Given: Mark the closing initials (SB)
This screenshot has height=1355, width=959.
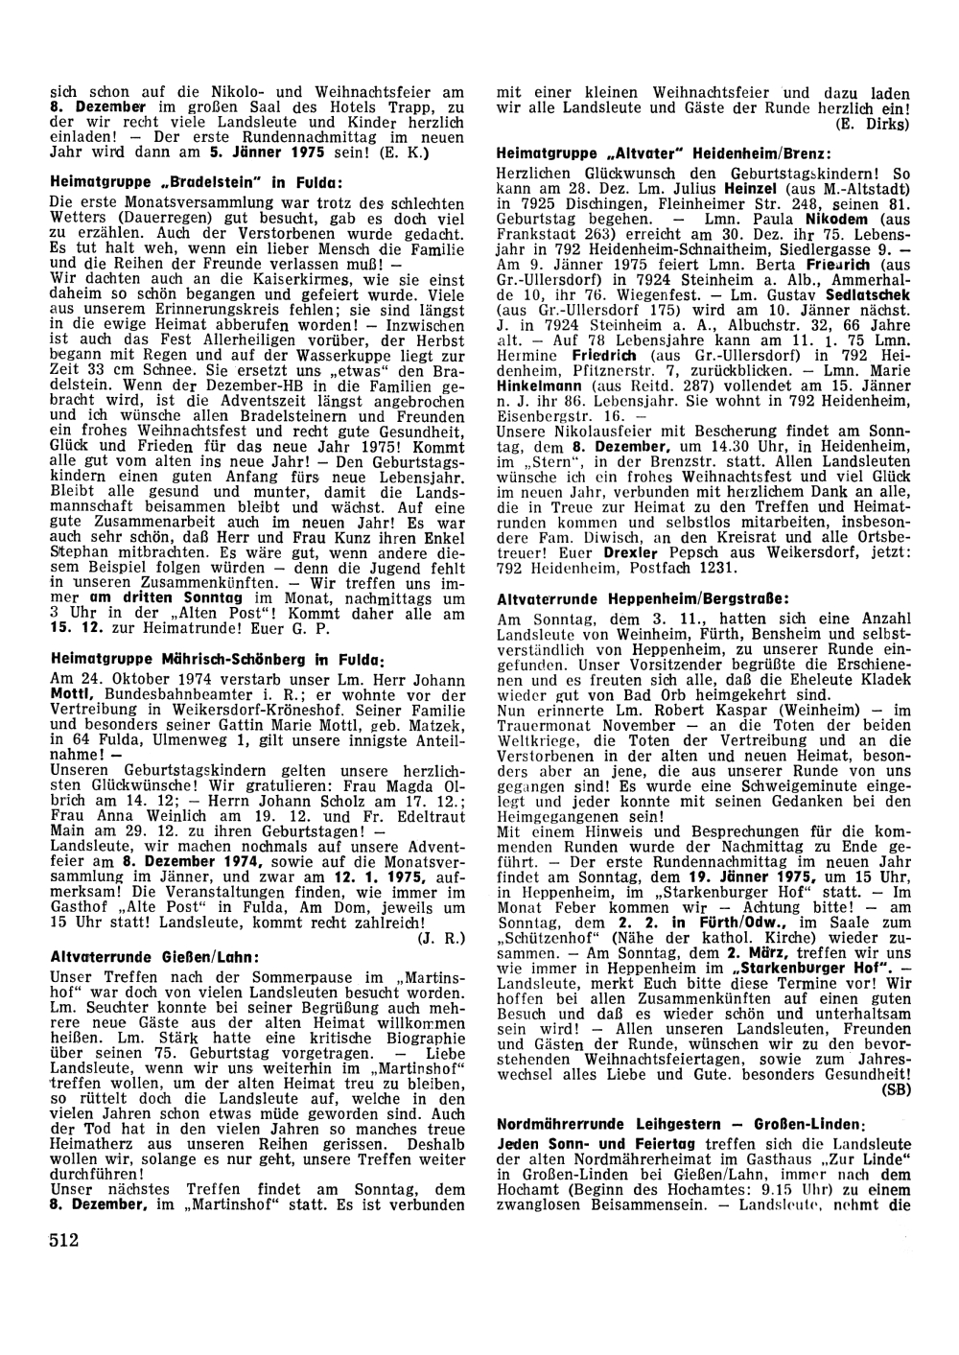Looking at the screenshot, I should (896, 1089).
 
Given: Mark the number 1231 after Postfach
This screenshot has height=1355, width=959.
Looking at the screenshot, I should (718, 569).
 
